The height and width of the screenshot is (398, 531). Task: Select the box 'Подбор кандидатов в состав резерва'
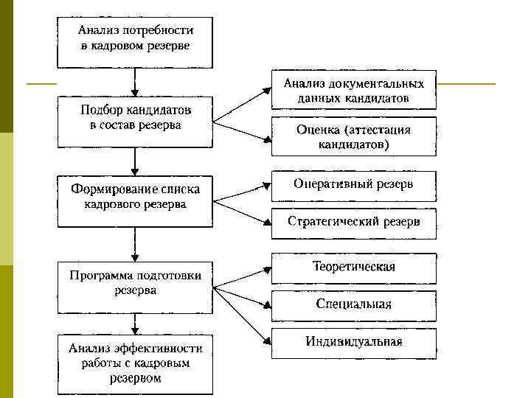[135, 118]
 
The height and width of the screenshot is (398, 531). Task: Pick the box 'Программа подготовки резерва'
[135, 284]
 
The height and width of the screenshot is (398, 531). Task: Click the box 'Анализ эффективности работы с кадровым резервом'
[135, 363]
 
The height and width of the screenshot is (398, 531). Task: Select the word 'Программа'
[97, 276]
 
